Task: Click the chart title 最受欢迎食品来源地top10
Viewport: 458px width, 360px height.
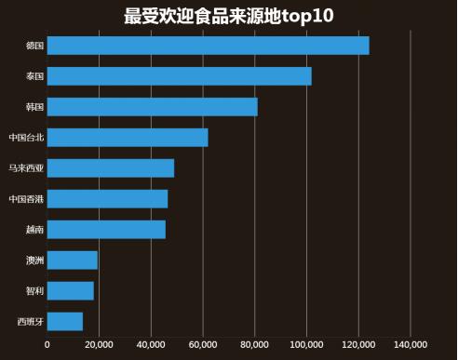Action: pos(228,16)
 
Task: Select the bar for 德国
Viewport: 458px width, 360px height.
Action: pos(208,46)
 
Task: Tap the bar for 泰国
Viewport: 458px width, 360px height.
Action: pos(179,76)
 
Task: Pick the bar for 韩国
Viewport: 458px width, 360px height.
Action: pos(152,107)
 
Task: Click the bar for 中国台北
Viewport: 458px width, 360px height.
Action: pos(127,138)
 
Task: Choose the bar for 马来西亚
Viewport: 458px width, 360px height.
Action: pos(110,168)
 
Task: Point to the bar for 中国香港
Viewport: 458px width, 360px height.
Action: pos(107,199)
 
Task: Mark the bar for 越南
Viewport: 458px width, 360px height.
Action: pos(106,230)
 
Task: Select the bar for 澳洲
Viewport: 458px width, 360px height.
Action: pos(72,260)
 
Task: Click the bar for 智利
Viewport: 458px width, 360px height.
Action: pos(70,291)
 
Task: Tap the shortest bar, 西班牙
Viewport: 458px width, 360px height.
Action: pos(64,322)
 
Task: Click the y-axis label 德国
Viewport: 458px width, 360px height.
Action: pos(34,46)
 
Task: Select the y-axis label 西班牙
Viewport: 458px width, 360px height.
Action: pos(30,322)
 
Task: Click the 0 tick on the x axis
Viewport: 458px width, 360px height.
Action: pos(47,345)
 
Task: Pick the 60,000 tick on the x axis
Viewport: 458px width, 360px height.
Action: pos(202,345)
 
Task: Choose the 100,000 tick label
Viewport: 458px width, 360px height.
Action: pos(306,345)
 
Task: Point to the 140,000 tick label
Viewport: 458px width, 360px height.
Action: pos(410,345)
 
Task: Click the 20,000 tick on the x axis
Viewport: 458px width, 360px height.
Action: pos(99,345)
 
